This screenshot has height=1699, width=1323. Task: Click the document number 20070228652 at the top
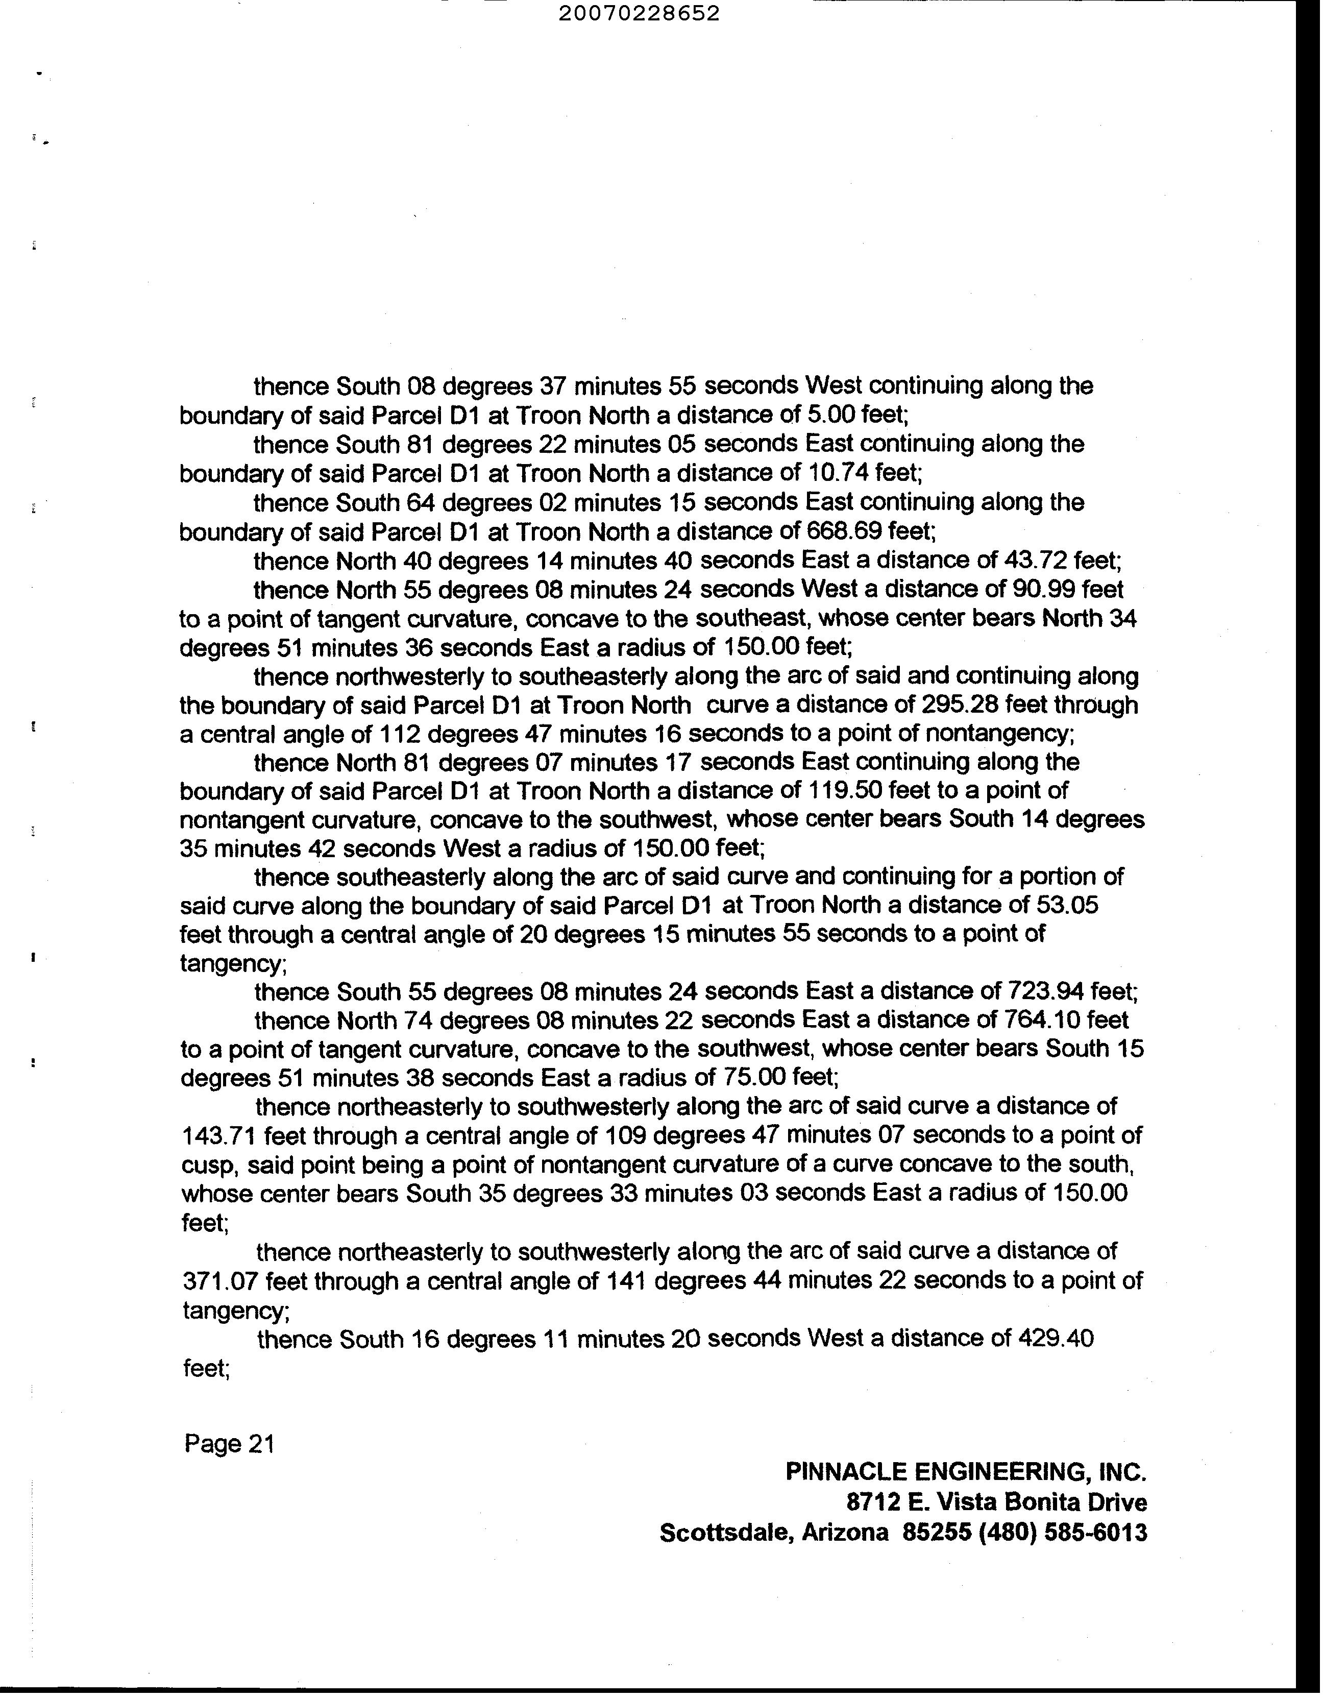point(639,13)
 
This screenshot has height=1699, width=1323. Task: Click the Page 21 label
point(230,1444)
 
